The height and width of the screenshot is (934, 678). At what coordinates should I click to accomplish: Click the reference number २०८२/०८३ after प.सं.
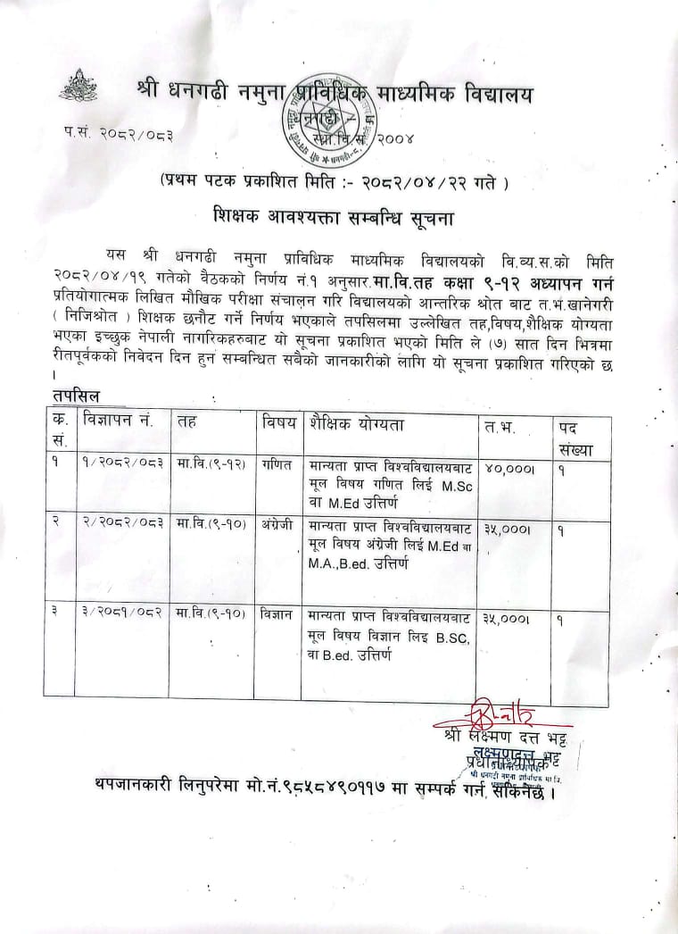pos(136,135)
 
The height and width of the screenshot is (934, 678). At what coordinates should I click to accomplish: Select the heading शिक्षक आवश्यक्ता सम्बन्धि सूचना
pos(335,218)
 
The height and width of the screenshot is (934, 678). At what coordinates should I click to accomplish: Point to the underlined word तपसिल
pos(76,395)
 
